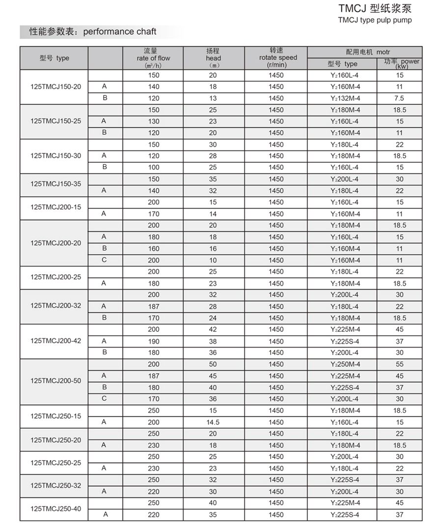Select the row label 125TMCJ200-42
(55, 341)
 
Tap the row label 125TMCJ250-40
(55, 509)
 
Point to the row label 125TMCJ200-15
(55, 207)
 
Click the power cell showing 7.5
(399, 98)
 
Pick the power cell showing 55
(399, 364)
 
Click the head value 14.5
(213, 422)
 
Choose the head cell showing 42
(213, 329)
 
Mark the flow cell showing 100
(154, 168)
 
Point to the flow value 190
(154, 341)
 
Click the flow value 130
(154, 121)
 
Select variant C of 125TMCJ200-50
(104, 399)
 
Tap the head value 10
(213, 261)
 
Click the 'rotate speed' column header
(278, 58)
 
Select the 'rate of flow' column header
(154, 58)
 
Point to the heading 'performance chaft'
(120, 31)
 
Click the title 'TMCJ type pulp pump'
(375, 20)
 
